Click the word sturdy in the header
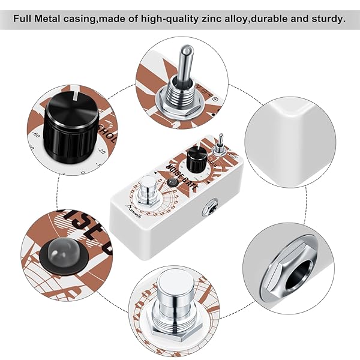(x=327, y=18)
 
